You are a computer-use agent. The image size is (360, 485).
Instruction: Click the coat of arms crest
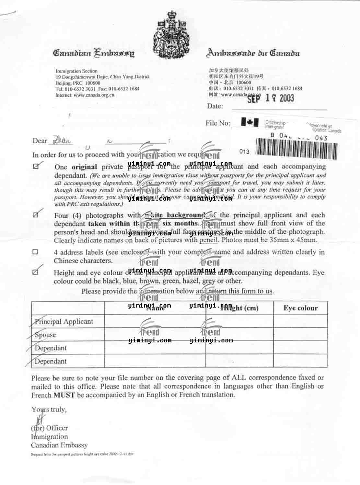pyautogui.click(x=171, y=35)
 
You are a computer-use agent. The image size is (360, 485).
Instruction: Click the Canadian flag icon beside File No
pyautogui.click(x=250, y=122)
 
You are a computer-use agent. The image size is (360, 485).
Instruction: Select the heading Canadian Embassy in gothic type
pyautogui.click(x=94, y=53)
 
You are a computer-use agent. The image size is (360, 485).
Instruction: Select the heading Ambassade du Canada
pyautogui.click(x=253, y=53)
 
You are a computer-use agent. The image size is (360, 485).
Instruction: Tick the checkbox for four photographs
pyautogui.click(x=36, y=215)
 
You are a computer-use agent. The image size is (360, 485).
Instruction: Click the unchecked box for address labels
pyautogui.click(x=35, y=252)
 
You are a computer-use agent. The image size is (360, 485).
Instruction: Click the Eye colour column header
pyautogui.click(x=300, y=308)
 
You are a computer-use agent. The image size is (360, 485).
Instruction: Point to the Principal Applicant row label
pyautogui.click(x=64, y=321)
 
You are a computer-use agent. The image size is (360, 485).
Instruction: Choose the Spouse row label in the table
pyautogui.click(x=45, y=335)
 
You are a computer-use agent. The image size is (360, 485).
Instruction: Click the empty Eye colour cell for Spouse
pyautogui.click(x=300, y=334)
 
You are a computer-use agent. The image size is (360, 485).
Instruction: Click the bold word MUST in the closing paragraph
pyautogui.click(x=64, y=395)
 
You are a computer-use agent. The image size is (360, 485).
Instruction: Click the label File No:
pyautogui.click(x=218, y=123)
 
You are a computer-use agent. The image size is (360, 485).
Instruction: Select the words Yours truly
pyautogui.click(x=49, y=410)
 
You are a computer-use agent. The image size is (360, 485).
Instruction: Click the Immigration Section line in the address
pyautogui.click(x=76, y=71)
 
